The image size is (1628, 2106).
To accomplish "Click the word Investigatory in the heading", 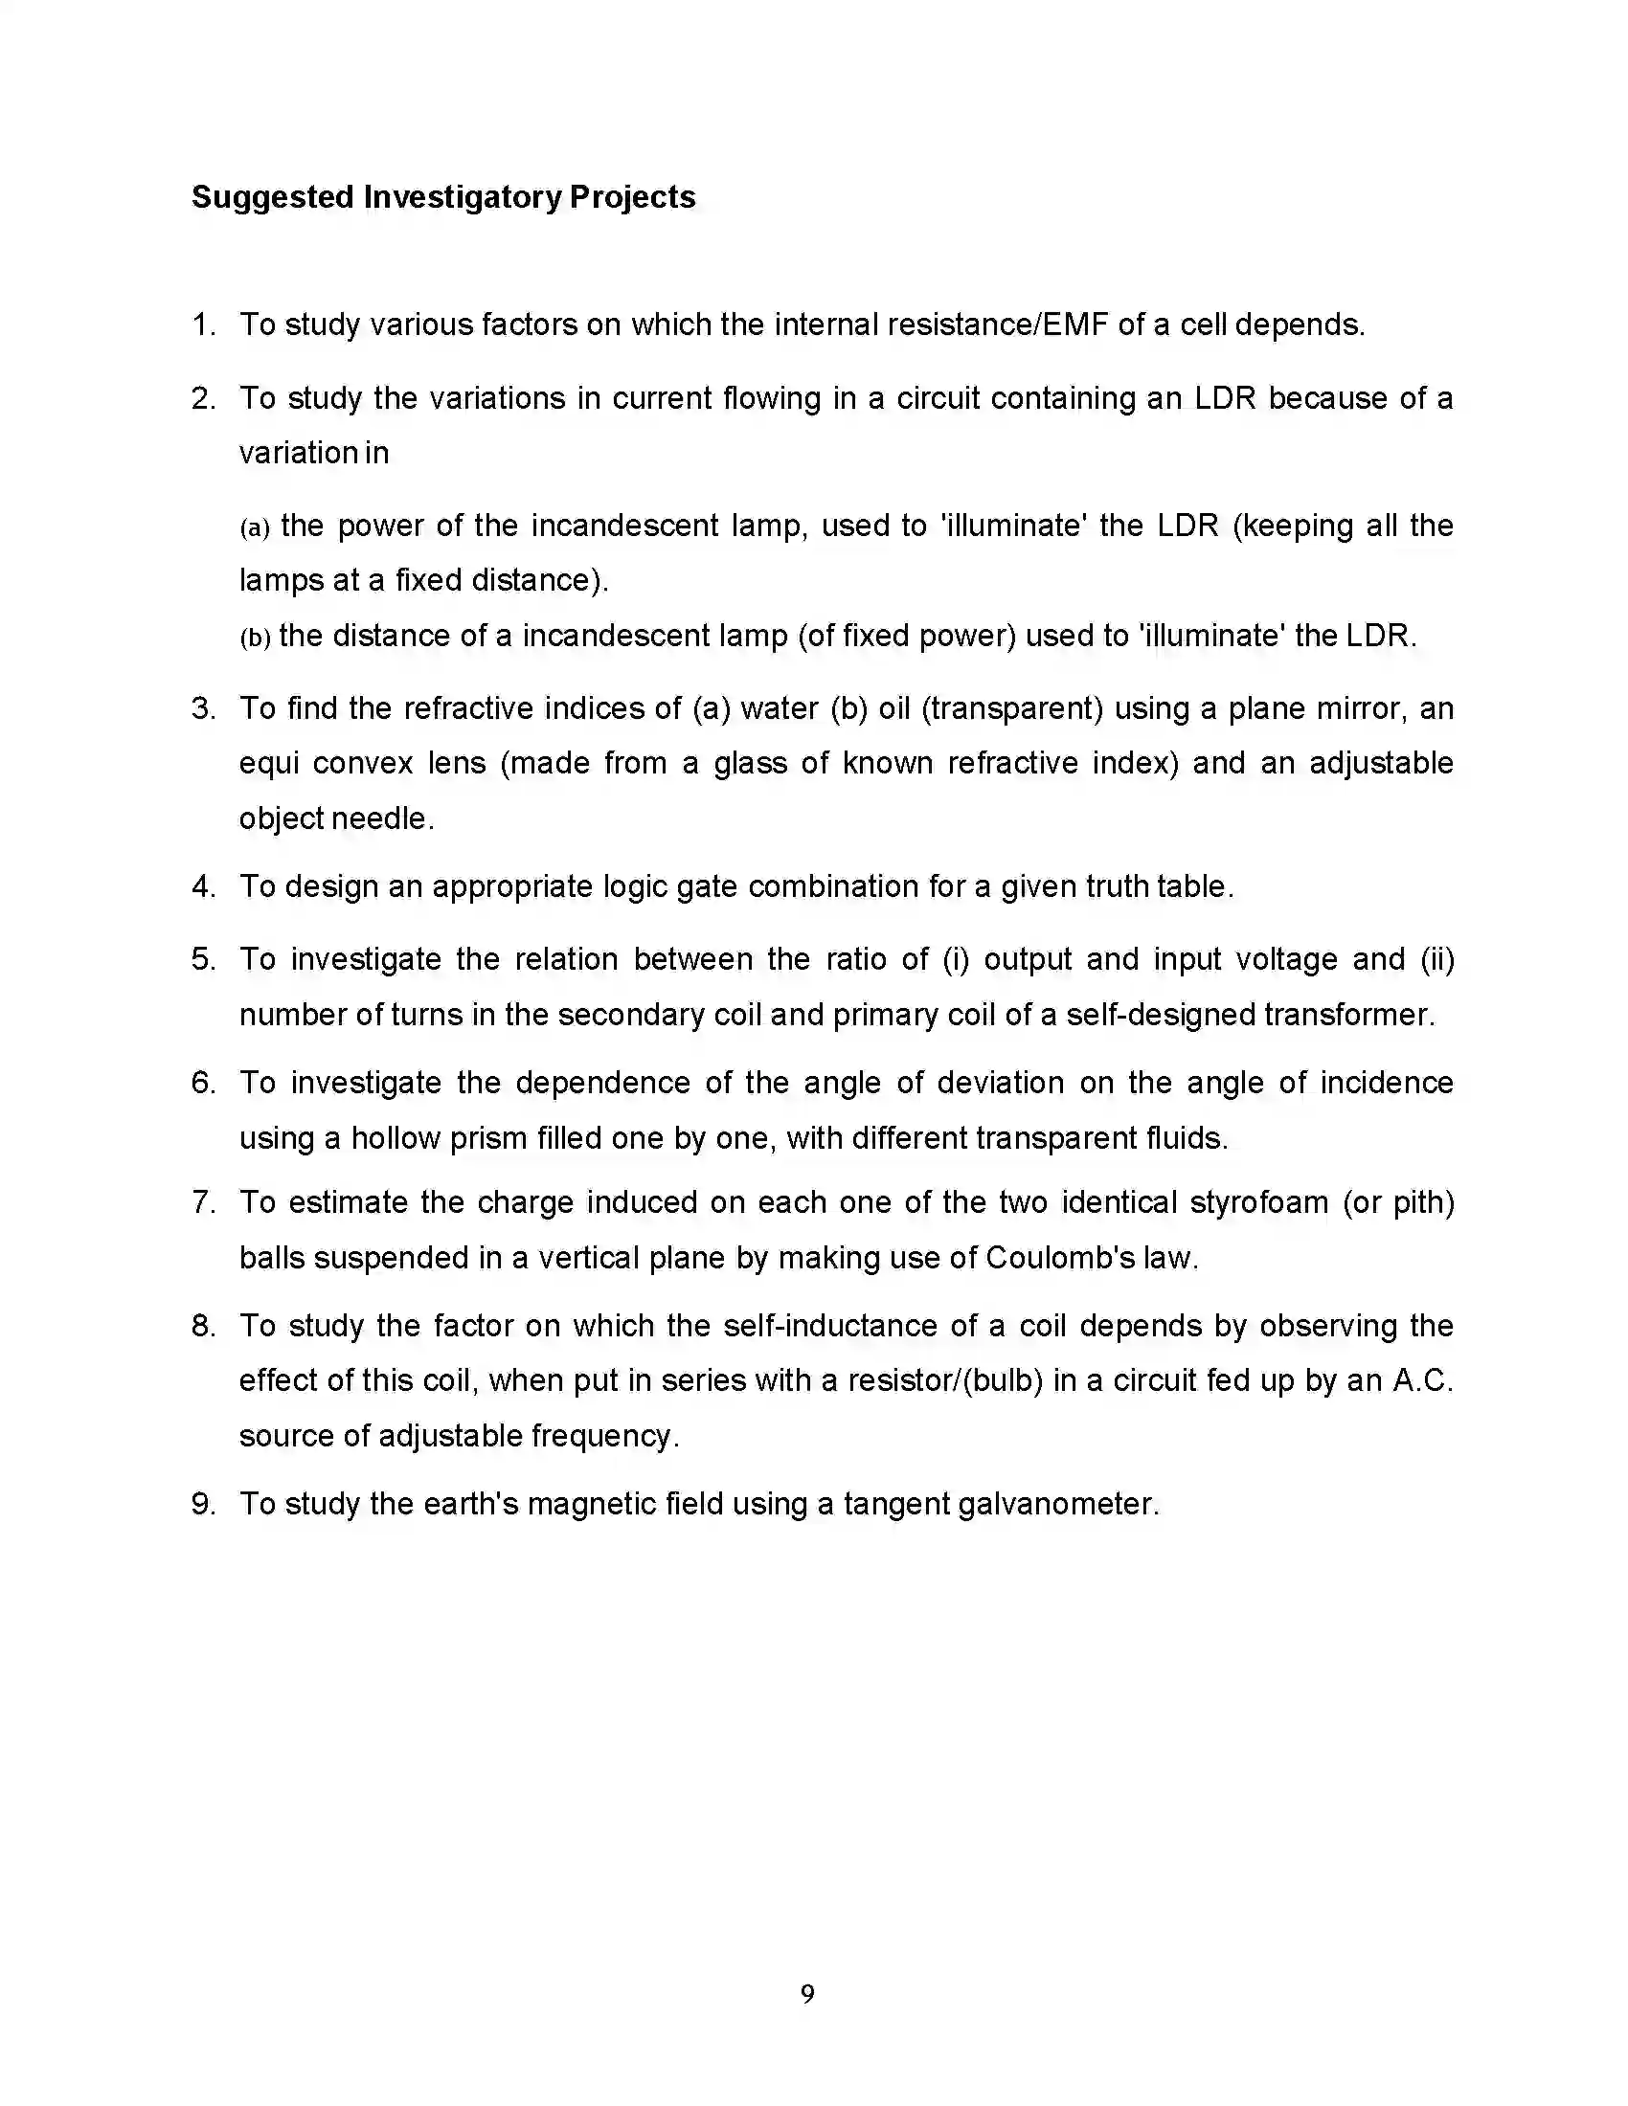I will (461, 198).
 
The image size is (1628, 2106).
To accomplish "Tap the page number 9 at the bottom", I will (808, 1994).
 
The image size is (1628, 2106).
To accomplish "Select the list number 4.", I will (202, 887).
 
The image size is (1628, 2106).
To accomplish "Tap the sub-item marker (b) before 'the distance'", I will (255, 638).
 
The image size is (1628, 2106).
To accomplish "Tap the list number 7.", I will (202, 1203).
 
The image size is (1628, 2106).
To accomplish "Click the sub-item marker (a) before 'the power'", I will (255, 527).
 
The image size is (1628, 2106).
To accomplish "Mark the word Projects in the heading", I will (633, 198).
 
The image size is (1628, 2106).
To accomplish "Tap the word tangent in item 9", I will (896, 1504).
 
